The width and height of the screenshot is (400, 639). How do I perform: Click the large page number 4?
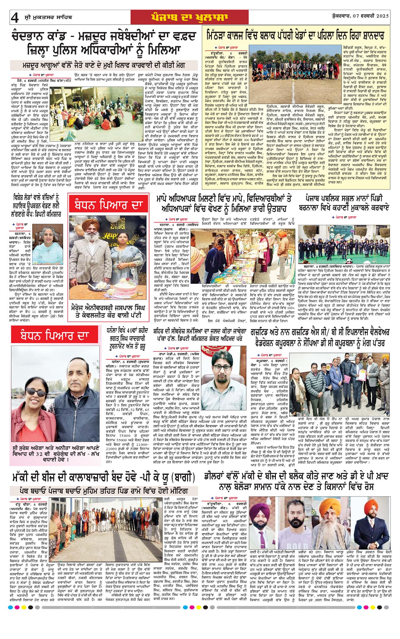click(15, 17)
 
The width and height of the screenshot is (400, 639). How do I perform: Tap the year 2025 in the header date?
click(380, 17)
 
